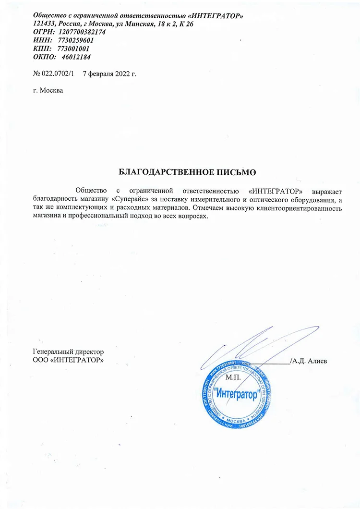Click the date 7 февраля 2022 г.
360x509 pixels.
110,73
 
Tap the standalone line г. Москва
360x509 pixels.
48,90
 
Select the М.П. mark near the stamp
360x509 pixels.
232,378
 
